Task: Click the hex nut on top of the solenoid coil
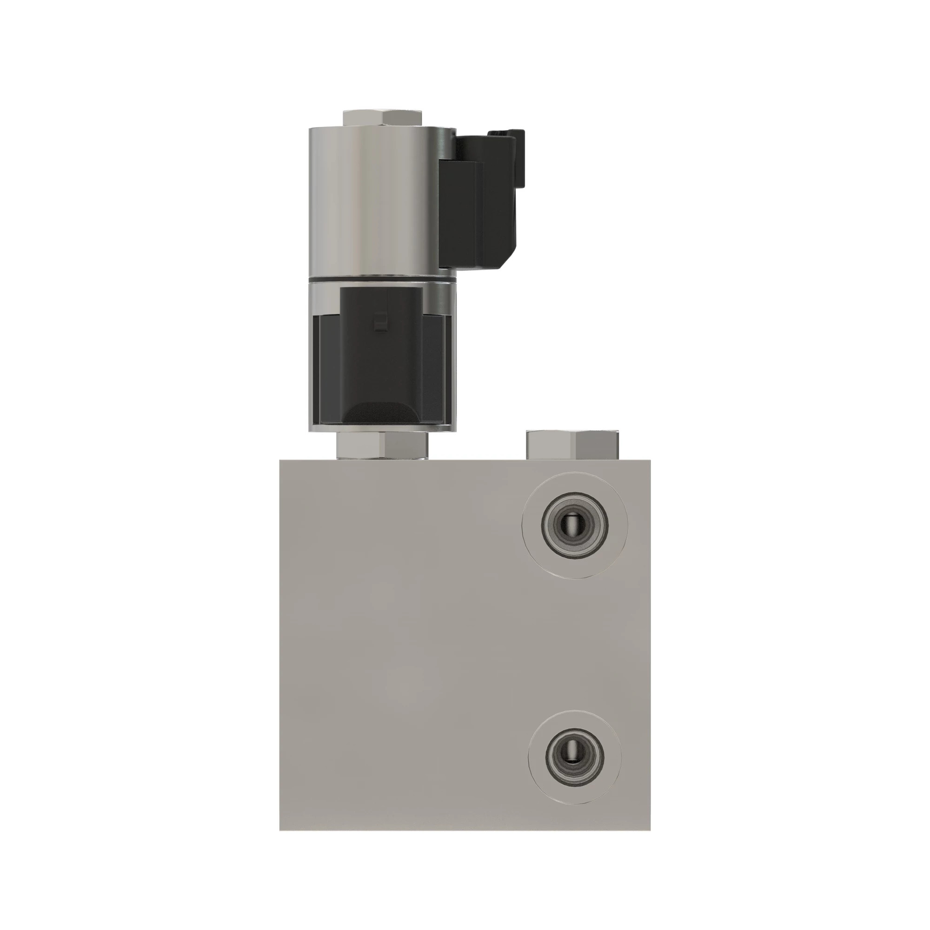(x=382, y=118)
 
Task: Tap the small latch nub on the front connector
(x=380, y=322)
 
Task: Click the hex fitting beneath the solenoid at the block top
(x=382, y=445)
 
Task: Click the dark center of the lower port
(x=574, y=755)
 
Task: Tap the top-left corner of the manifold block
(x=281, y=461)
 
